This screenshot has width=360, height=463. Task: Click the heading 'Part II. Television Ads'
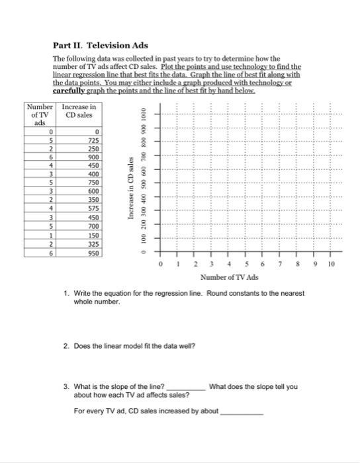point(100,46)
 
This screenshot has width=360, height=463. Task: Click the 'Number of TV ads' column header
point(38,116)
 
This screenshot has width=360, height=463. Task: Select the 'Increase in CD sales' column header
point(79,112)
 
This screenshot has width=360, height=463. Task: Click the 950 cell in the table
point(91,253)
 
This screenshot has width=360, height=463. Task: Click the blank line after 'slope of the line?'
point(186,388)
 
